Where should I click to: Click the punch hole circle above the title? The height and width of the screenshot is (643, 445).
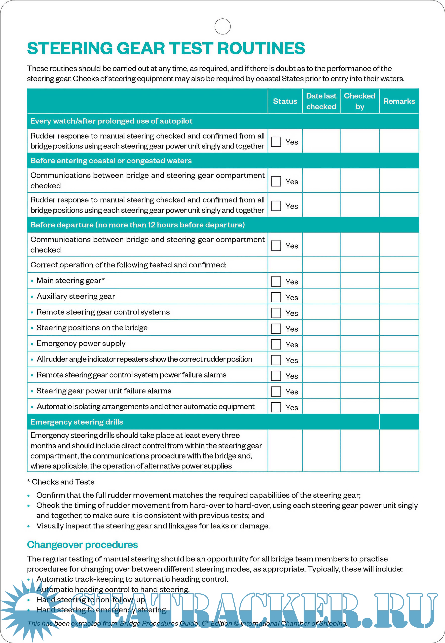pos(222,26)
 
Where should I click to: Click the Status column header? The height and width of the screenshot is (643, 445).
pos(285,101)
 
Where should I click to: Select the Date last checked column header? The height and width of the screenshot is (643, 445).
pos(321,101)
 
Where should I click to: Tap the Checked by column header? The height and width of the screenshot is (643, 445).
pos(360,101)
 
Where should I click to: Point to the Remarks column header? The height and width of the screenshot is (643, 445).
pos(399,101)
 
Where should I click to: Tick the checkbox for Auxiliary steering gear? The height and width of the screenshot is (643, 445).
pos(276,297)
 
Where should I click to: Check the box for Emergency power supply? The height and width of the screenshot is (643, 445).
pos(276,344)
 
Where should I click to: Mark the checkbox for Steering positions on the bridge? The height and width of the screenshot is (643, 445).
pos(276,329)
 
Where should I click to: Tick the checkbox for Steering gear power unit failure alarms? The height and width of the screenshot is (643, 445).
pos(276,391)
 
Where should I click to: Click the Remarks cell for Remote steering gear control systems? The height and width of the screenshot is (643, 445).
pos(399,312)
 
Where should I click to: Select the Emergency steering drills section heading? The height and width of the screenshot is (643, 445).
pos(77,422)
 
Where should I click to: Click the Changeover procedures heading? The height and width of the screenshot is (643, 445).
pos(83,545)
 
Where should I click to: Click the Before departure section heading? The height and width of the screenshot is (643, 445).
pos(137,225)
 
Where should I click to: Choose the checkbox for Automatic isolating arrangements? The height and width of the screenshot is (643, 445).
pos(276,407)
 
